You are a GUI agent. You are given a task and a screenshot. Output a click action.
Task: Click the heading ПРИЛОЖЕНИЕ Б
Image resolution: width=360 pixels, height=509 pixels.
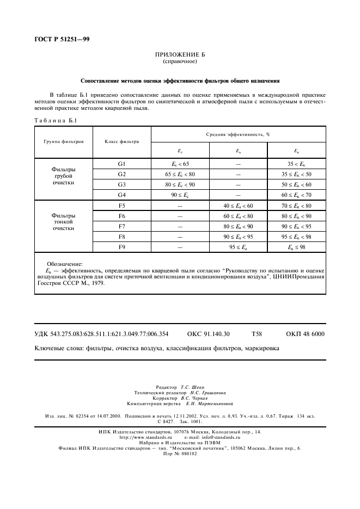coord(180,55)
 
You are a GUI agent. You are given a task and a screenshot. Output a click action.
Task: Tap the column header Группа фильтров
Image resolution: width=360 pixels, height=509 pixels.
coord(64,141)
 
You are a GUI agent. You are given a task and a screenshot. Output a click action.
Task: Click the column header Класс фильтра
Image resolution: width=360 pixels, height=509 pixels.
coord(121,141)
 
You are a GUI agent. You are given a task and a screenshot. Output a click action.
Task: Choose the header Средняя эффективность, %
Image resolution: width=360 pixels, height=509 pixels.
coord(238,134)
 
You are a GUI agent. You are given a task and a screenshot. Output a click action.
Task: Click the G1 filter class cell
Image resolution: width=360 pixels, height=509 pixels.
coord(121,164)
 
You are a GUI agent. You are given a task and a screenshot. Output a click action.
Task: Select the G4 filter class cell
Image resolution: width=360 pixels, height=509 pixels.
coord(121,194)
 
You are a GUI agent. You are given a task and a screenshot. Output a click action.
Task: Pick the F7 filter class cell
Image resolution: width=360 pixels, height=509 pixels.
coord(121,226)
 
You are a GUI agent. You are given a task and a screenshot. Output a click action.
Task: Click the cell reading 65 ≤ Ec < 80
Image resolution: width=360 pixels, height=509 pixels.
coord(180,174)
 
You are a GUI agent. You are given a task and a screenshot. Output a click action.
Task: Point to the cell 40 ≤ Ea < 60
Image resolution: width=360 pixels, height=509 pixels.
coord(238,206)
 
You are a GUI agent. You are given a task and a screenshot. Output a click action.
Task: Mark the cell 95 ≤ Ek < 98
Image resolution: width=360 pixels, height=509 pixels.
coord(296,237)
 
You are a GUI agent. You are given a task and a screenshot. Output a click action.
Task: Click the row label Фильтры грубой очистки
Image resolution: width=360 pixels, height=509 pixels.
coord(64,176)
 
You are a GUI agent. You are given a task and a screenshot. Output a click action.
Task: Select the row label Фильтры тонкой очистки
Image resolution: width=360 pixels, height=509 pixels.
coord(64,222)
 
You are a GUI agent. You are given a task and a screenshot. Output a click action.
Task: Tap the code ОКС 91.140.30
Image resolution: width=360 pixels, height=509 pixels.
coord(208,334)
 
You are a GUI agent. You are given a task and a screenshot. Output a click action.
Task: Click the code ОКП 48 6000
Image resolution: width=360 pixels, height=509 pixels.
coord(305,334)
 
